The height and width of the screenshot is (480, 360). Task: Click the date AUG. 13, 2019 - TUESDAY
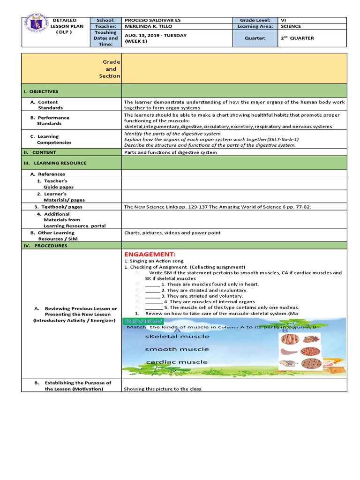point(155,36)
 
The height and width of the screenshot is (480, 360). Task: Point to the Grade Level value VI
point(283,21)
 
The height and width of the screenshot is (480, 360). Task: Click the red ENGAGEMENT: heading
point(150,254)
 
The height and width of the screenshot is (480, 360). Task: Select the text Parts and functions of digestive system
point(170,152)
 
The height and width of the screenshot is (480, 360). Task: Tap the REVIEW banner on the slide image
point(143,321)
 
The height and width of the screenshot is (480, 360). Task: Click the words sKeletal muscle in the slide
point(170,337)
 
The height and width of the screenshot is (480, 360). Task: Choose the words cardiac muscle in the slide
point(169,362)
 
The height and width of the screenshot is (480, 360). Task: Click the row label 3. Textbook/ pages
point(58,207)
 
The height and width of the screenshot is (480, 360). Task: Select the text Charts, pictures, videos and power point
point(172,232)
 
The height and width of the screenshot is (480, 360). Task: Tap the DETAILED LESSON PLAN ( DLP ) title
point(68,27)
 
